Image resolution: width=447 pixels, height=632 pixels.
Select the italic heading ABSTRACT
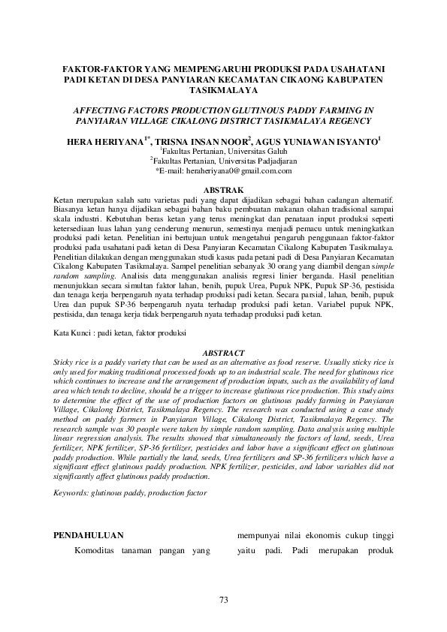click(223, 353)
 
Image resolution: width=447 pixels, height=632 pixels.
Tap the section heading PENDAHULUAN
click(90, 535)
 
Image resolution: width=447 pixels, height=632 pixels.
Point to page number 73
click(223, 598)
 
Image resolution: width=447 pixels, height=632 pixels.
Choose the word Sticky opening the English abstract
click(66, 361)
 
